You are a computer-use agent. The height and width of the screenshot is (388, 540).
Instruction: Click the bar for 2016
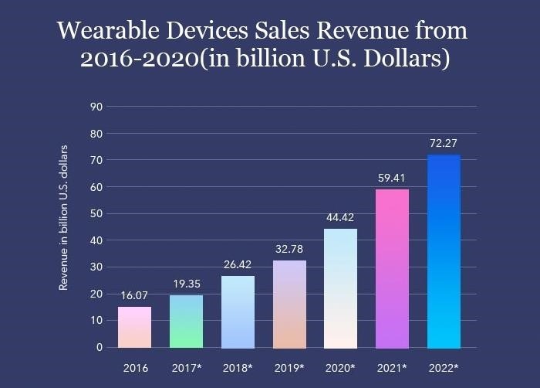[135, 327]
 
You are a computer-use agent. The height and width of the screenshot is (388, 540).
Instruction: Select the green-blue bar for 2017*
[186, 321]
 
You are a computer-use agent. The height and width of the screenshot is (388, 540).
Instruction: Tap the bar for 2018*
[237, 311]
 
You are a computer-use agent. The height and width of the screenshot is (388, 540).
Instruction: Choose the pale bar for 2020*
[341, 288]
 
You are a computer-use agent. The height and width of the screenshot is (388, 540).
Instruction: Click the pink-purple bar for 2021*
[392, 268]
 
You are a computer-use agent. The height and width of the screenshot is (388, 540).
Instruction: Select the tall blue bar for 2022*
[444, 251]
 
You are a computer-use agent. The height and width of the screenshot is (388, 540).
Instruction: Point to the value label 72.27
[444, 143]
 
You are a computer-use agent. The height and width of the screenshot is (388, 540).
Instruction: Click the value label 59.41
[392, 178]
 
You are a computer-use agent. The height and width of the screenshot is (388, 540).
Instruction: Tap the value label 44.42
[340, 217]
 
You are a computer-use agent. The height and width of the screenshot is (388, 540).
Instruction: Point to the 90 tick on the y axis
[97, 107]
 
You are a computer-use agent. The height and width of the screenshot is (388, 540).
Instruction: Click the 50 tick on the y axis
[97, 213]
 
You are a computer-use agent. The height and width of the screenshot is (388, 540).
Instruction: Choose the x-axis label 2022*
[444, 368]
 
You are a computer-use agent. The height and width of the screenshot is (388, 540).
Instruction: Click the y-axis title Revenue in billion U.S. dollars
[65, 217]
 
